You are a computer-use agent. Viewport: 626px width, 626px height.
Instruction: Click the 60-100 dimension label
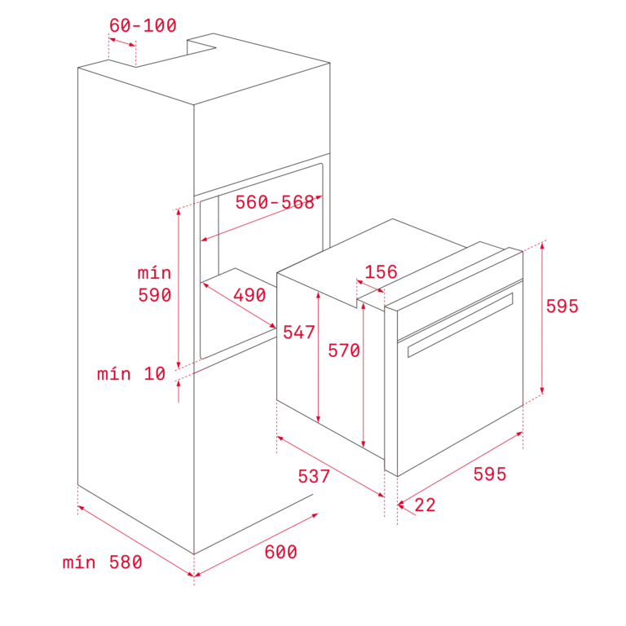pos(143,25)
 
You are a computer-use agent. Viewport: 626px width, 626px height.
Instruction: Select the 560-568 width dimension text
pos(275,202)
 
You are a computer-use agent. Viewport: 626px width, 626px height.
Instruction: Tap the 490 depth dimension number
pos(249,295)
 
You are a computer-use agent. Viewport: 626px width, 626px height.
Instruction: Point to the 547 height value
pos(299,333)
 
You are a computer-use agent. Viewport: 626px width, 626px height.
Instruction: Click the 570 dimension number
pos(344,350)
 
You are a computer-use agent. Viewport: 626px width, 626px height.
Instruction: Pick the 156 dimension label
pos(381,272)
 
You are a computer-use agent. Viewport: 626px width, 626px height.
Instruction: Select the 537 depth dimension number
pos(314,476)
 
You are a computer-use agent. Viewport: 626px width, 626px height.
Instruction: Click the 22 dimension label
pos(425,505)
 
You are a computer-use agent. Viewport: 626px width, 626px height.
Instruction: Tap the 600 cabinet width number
pos(280,552)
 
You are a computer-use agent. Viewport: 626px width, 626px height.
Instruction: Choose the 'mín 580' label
pos(102,562)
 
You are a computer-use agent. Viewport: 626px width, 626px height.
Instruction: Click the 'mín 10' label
pos(131,373)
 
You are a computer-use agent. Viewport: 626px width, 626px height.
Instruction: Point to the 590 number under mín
pos(155,295)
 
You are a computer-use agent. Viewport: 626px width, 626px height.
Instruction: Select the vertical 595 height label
pos(562,306)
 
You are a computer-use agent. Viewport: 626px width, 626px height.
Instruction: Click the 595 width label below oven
pos(489,474)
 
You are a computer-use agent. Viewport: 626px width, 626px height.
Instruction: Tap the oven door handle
pos(461,325)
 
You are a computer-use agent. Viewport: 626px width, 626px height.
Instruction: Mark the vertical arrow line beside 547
pos(318,357)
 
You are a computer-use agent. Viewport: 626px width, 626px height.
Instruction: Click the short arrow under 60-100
pos(122,42)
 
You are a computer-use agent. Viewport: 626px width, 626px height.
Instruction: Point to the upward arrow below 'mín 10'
pos(179,391)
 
